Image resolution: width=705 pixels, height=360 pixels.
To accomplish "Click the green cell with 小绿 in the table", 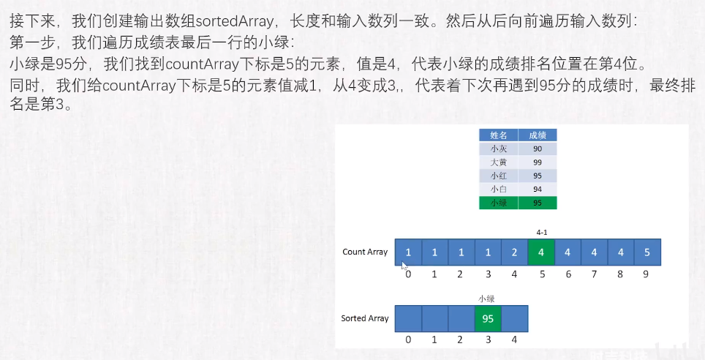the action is coord(499,203).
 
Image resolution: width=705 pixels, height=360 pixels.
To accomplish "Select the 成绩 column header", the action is coord(538,135).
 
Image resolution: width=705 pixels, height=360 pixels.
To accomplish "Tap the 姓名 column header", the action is coord(499,135).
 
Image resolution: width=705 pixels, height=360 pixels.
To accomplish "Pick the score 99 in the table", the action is coord(538,162).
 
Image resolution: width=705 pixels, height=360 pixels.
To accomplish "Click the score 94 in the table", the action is coord(538,190).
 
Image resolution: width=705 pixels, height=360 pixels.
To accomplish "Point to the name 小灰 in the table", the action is coord(499,149).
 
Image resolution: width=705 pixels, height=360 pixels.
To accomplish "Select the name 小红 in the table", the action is coord(499,176).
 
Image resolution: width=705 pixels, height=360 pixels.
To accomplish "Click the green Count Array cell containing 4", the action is coord(541,252).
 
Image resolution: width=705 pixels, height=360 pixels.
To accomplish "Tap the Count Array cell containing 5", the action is coord(647,252).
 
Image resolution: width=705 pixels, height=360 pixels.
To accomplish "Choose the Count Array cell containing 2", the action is coord(514,252).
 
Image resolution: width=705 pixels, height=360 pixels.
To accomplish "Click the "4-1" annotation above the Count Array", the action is coord(542,232).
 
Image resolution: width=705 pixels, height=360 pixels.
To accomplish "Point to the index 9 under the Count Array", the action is coord(646,274).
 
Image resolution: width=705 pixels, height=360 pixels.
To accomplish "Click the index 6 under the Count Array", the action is coord(568,274).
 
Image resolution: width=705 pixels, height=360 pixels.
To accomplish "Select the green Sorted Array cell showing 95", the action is coord(488,318).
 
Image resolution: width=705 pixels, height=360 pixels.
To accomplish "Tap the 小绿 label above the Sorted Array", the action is coord(486,299).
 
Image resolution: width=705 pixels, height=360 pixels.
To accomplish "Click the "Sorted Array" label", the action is coord(365,318).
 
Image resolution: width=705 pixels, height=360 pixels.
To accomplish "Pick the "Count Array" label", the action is coord(365,252).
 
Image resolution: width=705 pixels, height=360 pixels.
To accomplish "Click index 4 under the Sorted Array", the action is coord(514,340).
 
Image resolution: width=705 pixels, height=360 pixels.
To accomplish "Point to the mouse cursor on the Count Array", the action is coord(404,265).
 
